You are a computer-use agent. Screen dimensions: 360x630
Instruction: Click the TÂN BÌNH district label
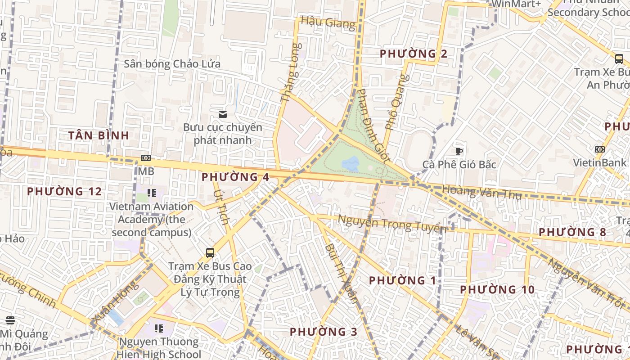click(x=99, y=135)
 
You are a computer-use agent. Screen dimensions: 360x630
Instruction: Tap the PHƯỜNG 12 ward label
click(x=64, y=191)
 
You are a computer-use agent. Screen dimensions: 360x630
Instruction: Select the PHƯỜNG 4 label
click(x=235, y=177)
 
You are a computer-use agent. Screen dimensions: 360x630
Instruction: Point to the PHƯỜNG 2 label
click(x=414, y=54)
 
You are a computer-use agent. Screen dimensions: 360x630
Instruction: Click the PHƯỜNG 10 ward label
click(x=497, y=289)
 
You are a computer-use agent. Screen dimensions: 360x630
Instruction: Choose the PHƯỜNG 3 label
click(x=324, y=332)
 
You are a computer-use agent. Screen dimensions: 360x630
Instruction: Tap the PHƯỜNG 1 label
click(x=402, y=281)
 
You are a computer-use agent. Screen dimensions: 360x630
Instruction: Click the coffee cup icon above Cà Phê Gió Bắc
click(x=459, y=151)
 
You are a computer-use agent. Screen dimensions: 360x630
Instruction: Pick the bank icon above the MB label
click(x=145, y=158)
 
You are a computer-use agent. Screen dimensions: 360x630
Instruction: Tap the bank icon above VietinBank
click(x=599, y=149)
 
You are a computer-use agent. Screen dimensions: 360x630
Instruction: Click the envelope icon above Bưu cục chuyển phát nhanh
click(x=222, y=114)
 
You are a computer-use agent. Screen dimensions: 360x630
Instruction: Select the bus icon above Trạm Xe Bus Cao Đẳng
click(x=210, y=252)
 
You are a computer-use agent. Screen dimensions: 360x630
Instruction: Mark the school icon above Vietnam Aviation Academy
click(x=152, y=193)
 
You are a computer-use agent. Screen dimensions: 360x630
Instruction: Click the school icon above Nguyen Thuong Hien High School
click(x=158, y=328)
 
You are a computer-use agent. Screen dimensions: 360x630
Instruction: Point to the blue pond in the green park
click(x=351, y=163)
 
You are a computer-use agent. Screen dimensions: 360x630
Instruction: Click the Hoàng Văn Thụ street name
click(x=481, y=192)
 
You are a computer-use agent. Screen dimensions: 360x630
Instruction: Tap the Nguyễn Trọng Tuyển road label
click(x=392, y=224)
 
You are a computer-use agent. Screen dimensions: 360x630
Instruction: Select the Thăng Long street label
click(x=290, y=72)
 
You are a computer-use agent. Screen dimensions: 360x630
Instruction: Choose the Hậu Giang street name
click(x=328, y=22)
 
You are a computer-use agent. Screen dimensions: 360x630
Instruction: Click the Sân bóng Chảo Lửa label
click(x=172, y=64)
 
